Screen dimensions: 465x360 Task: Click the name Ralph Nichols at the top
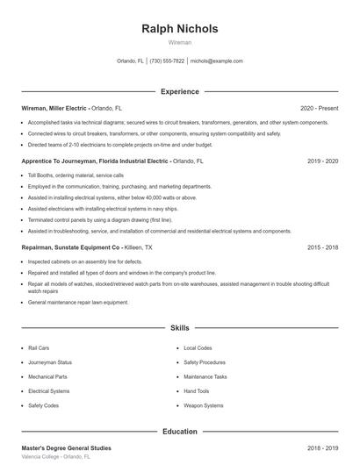[179, 29]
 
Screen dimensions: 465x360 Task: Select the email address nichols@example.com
[216, 61]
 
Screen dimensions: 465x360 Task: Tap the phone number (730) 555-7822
[167, 61]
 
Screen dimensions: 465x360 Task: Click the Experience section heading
[179, 91]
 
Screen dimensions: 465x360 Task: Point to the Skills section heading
[179, 327]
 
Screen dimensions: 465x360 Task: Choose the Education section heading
[179, 432]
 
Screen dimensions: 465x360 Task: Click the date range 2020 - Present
[319, 108]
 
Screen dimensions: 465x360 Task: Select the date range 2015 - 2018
[322, 247]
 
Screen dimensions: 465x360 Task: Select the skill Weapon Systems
[204, 406]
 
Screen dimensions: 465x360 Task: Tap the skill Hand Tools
[197, 391]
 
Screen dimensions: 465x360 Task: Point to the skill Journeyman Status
[50, 362]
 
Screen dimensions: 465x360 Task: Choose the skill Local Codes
[198, 348]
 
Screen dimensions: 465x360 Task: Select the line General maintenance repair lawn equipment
[78, 302]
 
